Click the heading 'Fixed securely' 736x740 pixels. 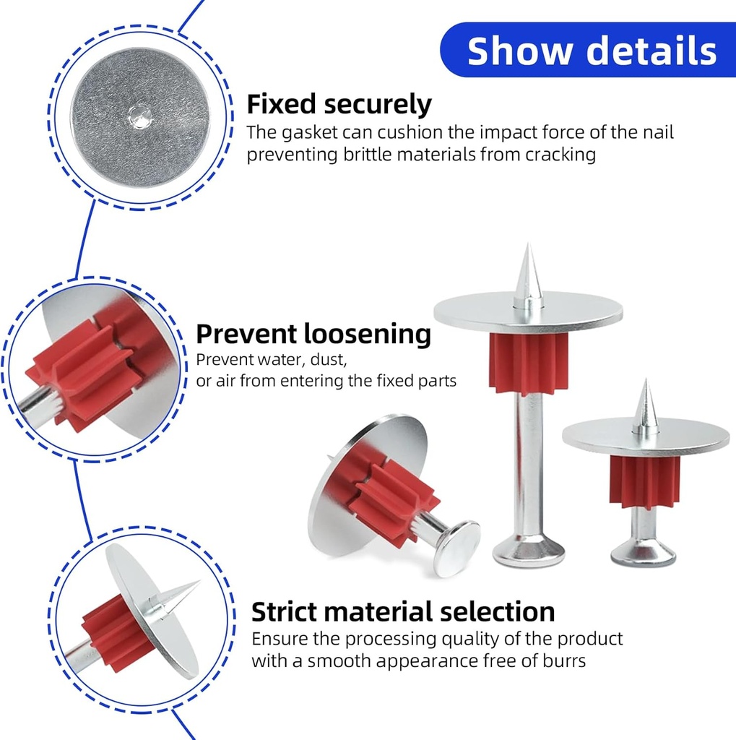click(339, 104)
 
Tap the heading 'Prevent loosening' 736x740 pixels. click(313, 335)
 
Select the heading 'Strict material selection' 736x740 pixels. click(403, 611)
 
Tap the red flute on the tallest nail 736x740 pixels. click(528, 363)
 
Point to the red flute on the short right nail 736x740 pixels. click(644, 481)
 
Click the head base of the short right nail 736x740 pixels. click(643, 554)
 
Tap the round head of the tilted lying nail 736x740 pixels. click(456, 548)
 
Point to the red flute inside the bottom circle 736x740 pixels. click(116, 632)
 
